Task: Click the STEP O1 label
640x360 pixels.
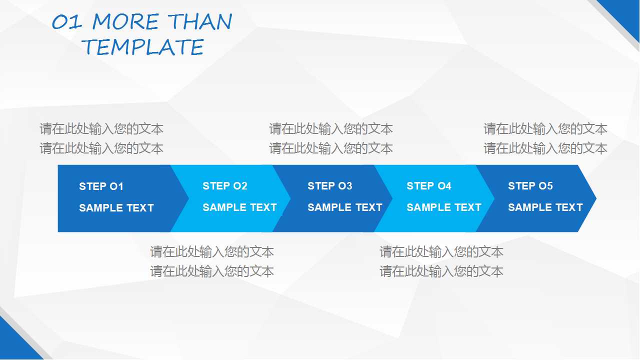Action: tap(101, 186)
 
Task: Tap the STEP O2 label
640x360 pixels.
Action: tap(225, 186)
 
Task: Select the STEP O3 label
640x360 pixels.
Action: tap(330, 186)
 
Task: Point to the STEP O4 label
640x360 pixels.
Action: tap(429, 186)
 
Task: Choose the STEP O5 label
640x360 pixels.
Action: tap(530, 186)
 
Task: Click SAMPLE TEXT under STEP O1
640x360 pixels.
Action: tap(116, 208)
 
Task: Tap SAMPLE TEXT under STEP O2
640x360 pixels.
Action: tap(239, 207)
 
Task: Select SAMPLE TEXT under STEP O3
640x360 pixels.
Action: tap(345, 207)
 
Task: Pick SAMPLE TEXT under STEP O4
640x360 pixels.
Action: tap(444, 207)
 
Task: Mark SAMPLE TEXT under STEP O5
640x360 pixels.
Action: tap(545, 207)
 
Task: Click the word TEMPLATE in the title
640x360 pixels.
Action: tap(143, 47)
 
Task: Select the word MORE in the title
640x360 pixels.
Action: tap(125, 22)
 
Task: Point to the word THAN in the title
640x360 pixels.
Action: tap(200, 22)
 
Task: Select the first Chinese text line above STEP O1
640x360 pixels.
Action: tap(101, 129)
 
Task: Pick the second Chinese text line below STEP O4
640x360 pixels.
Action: tap(441, 271)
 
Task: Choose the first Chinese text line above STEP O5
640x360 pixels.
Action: tap(545, 129)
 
